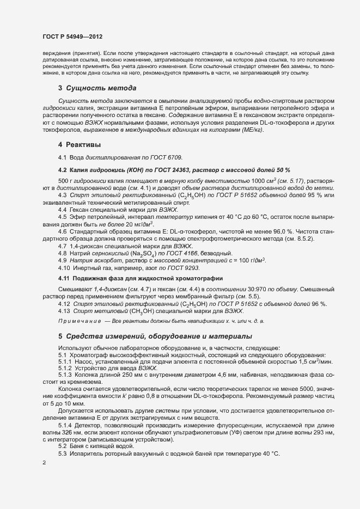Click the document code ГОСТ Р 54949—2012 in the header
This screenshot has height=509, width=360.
point(73,35)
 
